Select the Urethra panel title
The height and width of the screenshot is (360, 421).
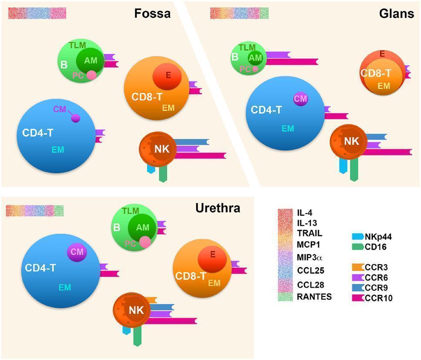218,208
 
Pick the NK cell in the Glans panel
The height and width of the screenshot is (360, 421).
347,141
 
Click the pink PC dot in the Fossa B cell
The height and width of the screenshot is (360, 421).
91,75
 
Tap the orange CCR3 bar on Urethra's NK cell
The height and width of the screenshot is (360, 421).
151,300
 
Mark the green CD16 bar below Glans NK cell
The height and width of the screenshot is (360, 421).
354,170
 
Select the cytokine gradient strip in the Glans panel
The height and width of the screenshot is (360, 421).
239,13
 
